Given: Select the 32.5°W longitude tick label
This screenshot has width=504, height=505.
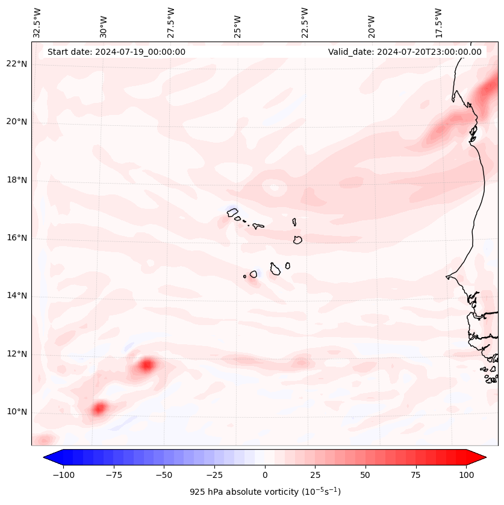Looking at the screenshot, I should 37,23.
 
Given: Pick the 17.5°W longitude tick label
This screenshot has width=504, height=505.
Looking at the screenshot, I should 438,23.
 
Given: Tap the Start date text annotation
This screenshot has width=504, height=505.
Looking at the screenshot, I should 116,52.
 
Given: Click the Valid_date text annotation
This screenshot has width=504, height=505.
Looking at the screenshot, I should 405,52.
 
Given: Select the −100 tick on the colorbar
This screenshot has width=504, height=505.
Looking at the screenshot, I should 64,475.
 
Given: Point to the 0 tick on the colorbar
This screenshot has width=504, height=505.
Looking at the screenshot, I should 265,475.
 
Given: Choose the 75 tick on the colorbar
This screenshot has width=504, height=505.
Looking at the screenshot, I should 415,475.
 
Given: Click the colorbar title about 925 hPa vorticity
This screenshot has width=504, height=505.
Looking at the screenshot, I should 265,492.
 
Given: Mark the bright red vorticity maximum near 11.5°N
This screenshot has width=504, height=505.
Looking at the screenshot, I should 147,365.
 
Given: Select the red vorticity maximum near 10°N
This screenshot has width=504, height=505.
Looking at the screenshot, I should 99,408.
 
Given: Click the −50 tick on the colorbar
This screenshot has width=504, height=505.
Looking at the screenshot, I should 164,475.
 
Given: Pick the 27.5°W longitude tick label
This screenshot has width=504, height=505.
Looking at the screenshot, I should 171,23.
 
